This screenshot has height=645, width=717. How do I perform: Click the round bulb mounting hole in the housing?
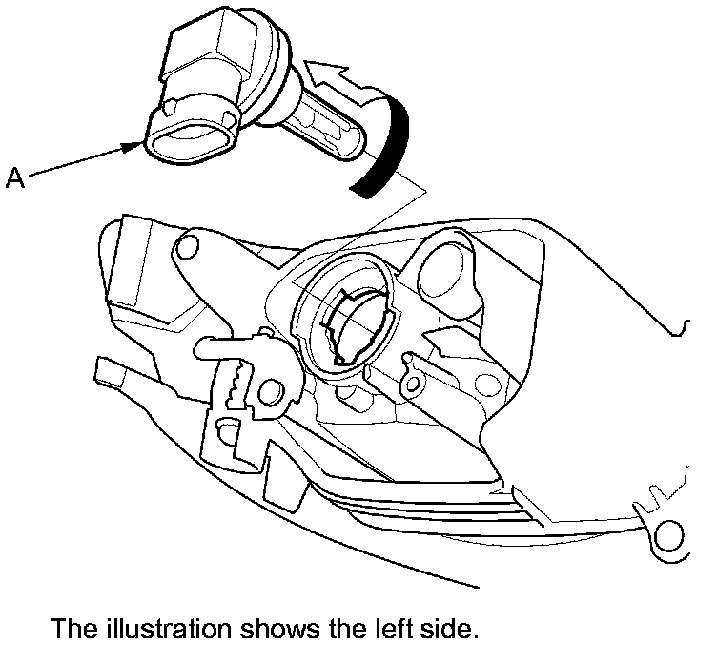(347, 311)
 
